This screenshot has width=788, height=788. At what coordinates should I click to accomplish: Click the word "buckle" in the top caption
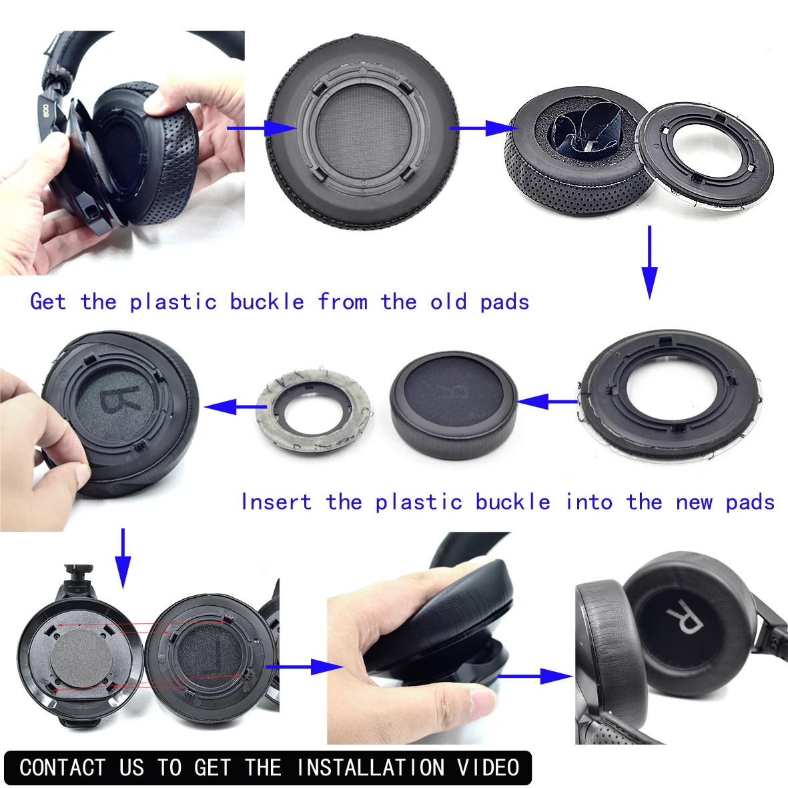pyautogui.click(x=267, y=302)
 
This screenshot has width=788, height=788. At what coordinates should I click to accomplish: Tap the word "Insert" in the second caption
pyautogui.click(x=276, y=502)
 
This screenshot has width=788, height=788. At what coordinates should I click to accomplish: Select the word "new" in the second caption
pyautogui.click(x=694, y=502)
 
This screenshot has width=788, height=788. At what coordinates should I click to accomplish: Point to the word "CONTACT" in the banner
pyautogui.click(x=63, y=767)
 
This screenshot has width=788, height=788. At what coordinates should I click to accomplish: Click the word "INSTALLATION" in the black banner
pyautogui.click(x=370, y=767)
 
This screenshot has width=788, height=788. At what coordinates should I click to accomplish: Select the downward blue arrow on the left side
pyautogui.click(x=123, y=558)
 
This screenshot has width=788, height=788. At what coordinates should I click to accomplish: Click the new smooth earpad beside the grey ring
pyautogui.click(x=454, y=405)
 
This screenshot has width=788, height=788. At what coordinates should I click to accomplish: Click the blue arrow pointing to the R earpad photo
pyautogui.click(x=534, y=676)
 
